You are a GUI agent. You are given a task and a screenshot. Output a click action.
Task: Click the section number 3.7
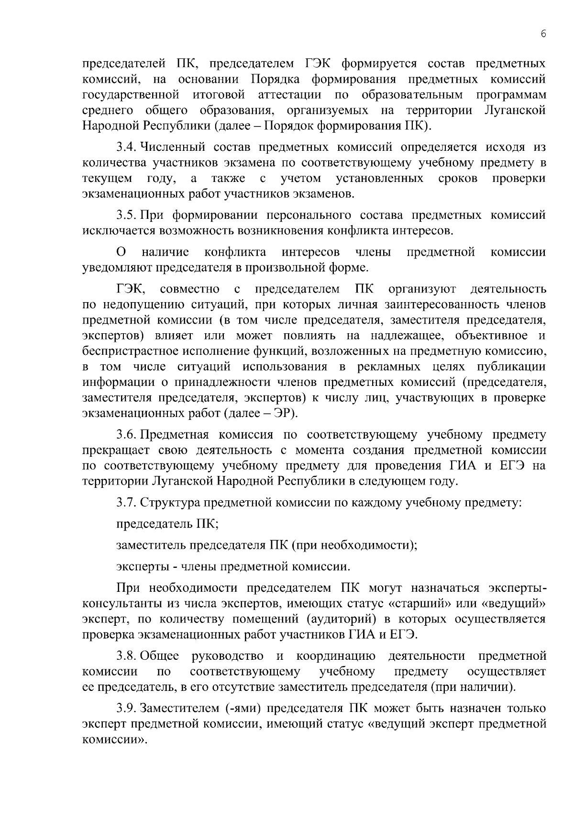coord(127,503)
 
